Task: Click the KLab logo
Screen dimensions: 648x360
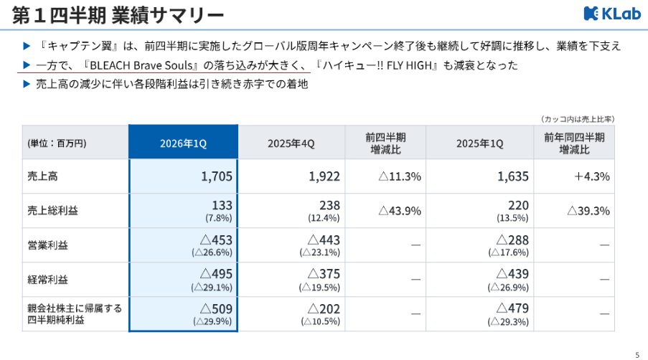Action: [612, 14]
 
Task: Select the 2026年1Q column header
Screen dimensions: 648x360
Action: [183, 143]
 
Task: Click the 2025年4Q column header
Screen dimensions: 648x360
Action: [291, 143]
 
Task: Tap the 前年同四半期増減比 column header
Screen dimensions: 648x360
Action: [574, 143]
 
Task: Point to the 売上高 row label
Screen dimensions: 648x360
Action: [42, 176]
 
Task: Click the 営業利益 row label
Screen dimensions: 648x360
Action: [47, 245]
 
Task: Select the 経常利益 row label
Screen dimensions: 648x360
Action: [47, 280]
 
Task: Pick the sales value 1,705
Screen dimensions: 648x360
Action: [217, 176]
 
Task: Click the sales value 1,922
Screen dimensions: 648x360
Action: [324, 176]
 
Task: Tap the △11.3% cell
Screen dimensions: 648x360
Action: [400, 176]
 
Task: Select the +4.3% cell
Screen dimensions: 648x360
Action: [592, 176]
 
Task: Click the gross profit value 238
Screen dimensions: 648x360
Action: [330, 205]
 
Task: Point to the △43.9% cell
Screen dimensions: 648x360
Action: [400, 211]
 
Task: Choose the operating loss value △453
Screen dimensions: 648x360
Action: [216, 240]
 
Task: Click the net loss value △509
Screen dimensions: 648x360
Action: [216, 308]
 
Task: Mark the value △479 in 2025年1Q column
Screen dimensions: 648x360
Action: [512, 308]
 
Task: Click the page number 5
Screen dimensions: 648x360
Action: [637, 355]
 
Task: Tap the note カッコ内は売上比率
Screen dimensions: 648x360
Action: [578, 119]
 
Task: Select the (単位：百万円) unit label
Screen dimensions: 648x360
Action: [57, 143]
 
